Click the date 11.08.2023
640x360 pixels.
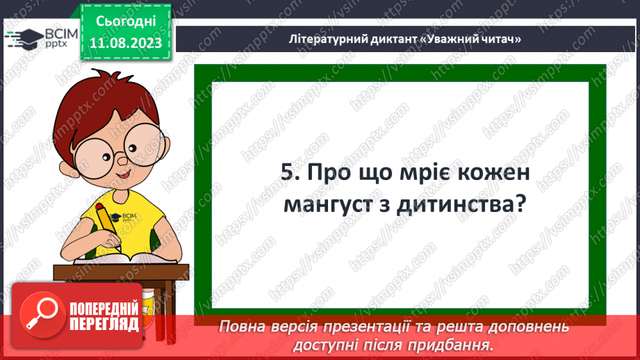pyautogui.click(x=126, y=43)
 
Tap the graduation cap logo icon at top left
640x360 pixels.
pyautogui.click(x=24, y=38)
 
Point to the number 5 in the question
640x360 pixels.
pyautogui.click(x=287, y=174)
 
